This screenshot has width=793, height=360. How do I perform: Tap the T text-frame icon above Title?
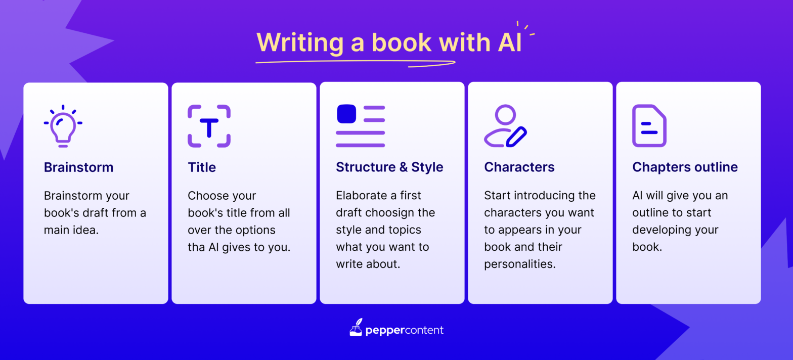click(209, 126)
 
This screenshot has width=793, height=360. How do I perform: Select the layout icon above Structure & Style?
click(360, 126)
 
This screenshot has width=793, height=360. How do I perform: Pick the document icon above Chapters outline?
click(649, 126)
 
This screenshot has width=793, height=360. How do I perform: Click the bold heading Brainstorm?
click(78, 167)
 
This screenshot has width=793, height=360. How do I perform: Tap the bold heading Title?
click(202, 167)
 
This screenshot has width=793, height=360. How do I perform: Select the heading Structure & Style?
click(389, 167)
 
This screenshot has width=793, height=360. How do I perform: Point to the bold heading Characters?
click(519, 167)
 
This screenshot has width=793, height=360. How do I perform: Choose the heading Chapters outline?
click(685, 167)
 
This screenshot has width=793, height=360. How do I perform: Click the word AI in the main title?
click(506, 43)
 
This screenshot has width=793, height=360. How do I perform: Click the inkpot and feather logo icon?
click(357, 328)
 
